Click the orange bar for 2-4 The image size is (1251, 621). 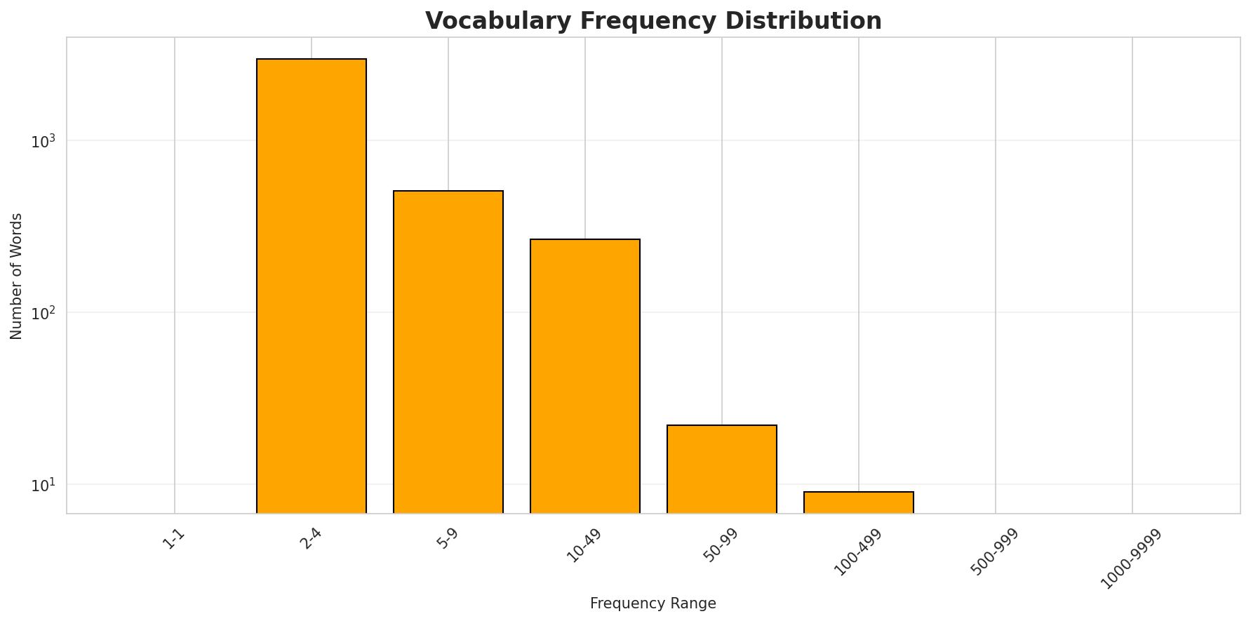coord(312,286)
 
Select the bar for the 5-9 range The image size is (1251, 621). coord(448,352)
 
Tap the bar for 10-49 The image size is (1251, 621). coord(585,376)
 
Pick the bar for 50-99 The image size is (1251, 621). coord(722,469)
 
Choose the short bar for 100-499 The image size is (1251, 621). coord(859,502)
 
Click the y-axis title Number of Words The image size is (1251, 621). coord(17,276)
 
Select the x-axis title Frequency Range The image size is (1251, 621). coord(653,603)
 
